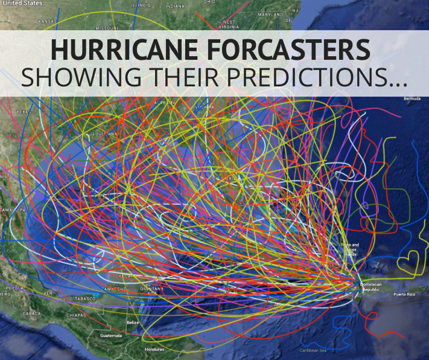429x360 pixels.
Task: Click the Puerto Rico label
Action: click(x=404, y=294)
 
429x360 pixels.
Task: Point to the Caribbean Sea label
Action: click(x=313, y=350)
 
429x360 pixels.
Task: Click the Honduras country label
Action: click(x=154, y=349)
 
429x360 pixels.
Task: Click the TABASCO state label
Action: click(x=87, y=299)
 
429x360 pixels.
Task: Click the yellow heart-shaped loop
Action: click(x=412, y=262)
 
